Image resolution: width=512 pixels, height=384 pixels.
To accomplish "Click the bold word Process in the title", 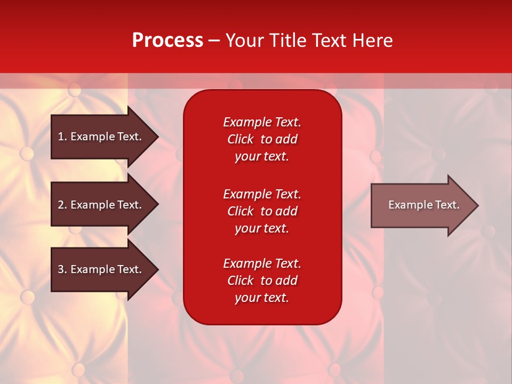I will (x=167, y=41).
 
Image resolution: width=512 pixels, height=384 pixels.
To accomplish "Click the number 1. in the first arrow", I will (x=62, y=137).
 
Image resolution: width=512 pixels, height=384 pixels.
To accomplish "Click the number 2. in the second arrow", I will (x=62, y=205).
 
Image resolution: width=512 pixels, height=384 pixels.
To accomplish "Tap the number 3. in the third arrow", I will (x=62, y=269).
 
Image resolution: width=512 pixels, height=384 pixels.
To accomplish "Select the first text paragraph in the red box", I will (x=262, y=139).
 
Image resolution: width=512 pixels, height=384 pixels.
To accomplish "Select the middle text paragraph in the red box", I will (x=262, y=211).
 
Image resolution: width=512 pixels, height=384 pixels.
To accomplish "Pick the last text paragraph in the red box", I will (x=262, y=281).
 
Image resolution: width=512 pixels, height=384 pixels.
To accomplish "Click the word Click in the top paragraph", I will (x=240, y=139).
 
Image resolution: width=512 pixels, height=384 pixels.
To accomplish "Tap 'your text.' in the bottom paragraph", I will (x=262, y=298).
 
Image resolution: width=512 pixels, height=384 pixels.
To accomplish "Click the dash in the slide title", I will (x=214, y=41).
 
